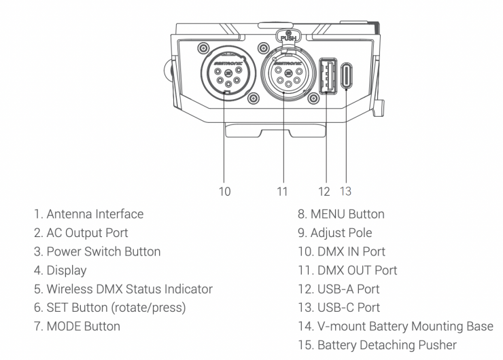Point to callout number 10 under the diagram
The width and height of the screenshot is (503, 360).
click(x=224, y=191)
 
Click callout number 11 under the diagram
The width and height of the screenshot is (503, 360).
click(x=282, y=191)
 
